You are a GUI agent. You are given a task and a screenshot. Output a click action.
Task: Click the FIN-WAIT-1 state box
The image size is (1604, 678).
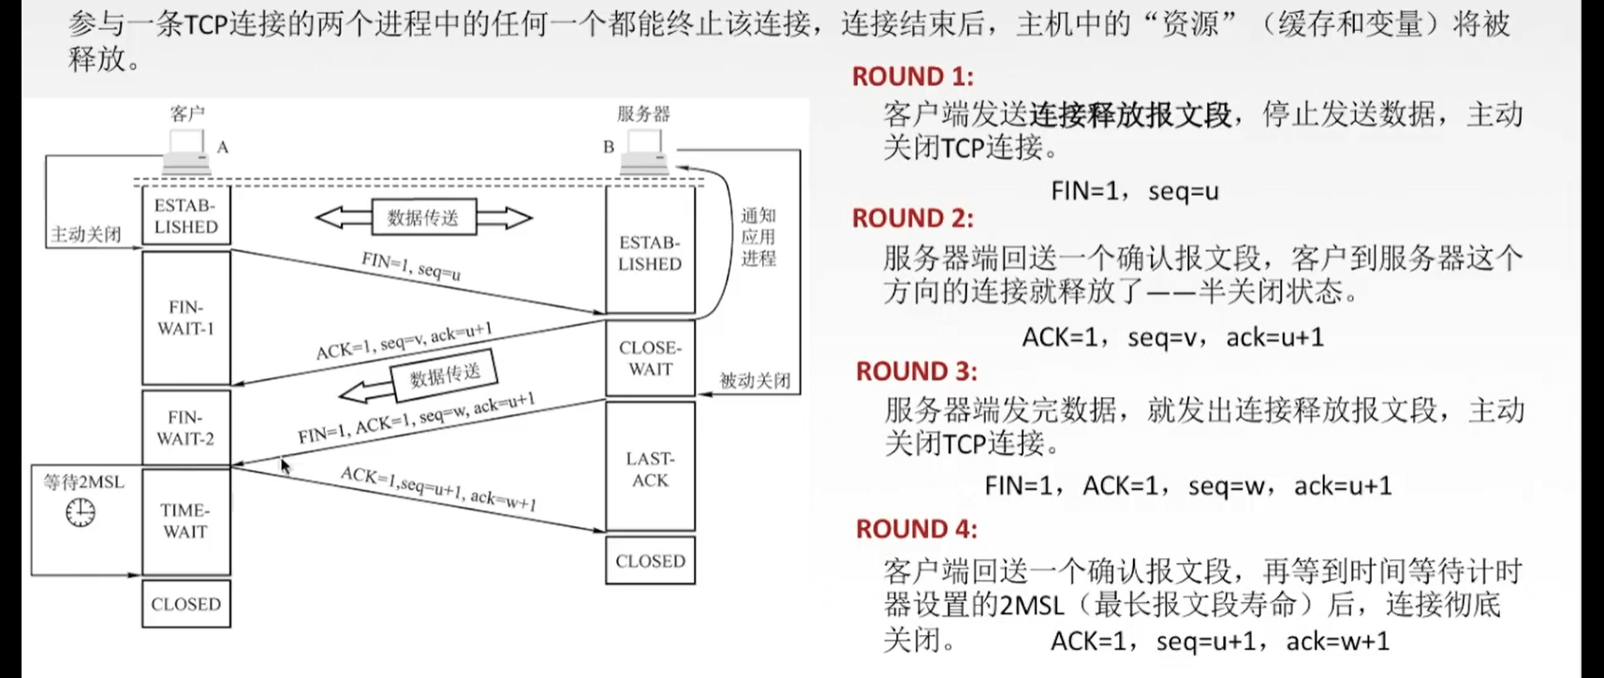(185, 317)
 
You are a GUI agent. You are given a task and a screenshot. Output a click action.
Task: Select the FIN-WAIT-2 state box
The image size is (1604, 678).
(185, 427)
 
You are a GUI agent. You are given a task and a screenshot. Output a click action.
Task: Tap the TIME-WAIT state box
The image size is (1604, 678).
(185, 521)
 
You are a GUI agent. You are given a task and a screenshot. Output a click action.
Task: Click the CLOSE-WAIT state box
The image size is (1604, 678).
(650, 358)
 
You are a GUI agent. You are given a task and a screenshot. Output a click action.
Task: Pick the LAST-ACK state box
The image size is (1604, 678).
(650, 468)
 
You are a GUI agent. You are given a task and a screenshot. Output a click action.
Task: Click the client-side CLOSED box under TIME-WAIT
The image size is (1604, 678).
(185, 604)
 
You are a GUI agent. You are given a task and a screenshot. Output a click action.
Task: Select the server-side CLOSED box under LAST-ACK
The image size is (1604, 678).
(650, 560)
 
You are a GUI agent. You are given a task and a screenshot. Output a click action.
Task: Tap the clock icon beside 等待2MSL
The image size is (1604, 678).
(81, 511)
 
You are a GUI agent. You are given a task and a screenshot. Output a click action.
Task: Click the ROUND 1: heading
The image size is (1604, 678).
(912, 77)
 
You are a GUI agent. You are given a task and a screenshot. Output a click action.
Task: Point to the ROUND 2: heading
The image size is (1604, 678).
(912, 218)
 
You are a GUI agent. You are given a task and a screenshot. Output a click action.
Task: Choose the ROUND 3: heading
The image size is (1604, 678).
(916, 372)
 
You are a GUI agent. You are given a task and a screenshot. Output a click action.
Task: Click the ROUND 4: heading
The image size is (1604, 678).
(916, 529)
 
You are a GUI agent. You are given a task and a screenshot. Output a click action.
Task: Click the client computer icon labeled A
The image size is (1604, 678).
(187, 152)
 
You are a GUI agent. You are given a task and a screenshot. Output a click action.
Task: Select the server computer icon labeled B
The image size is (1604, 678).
(645, 152)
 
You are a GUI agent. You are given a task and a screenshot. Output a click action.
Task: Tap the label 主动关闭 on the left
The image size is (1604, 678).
(85, 234)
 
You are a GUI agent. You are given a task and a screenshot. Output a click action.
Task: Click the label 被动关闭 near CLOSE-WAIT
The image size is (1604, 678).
(755, 380)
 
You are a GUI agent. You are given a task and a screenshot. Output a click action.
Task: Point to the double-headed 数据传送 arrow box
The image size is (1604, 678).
(423, 218)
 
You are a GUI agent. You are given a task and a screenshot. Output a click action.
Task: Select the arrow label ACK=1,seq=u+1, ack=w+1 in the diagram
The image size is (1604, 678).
(437, 488)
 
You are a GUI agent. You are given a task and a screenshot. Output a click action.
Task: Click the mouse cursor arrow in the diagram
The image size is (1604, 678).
(286, 465)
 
